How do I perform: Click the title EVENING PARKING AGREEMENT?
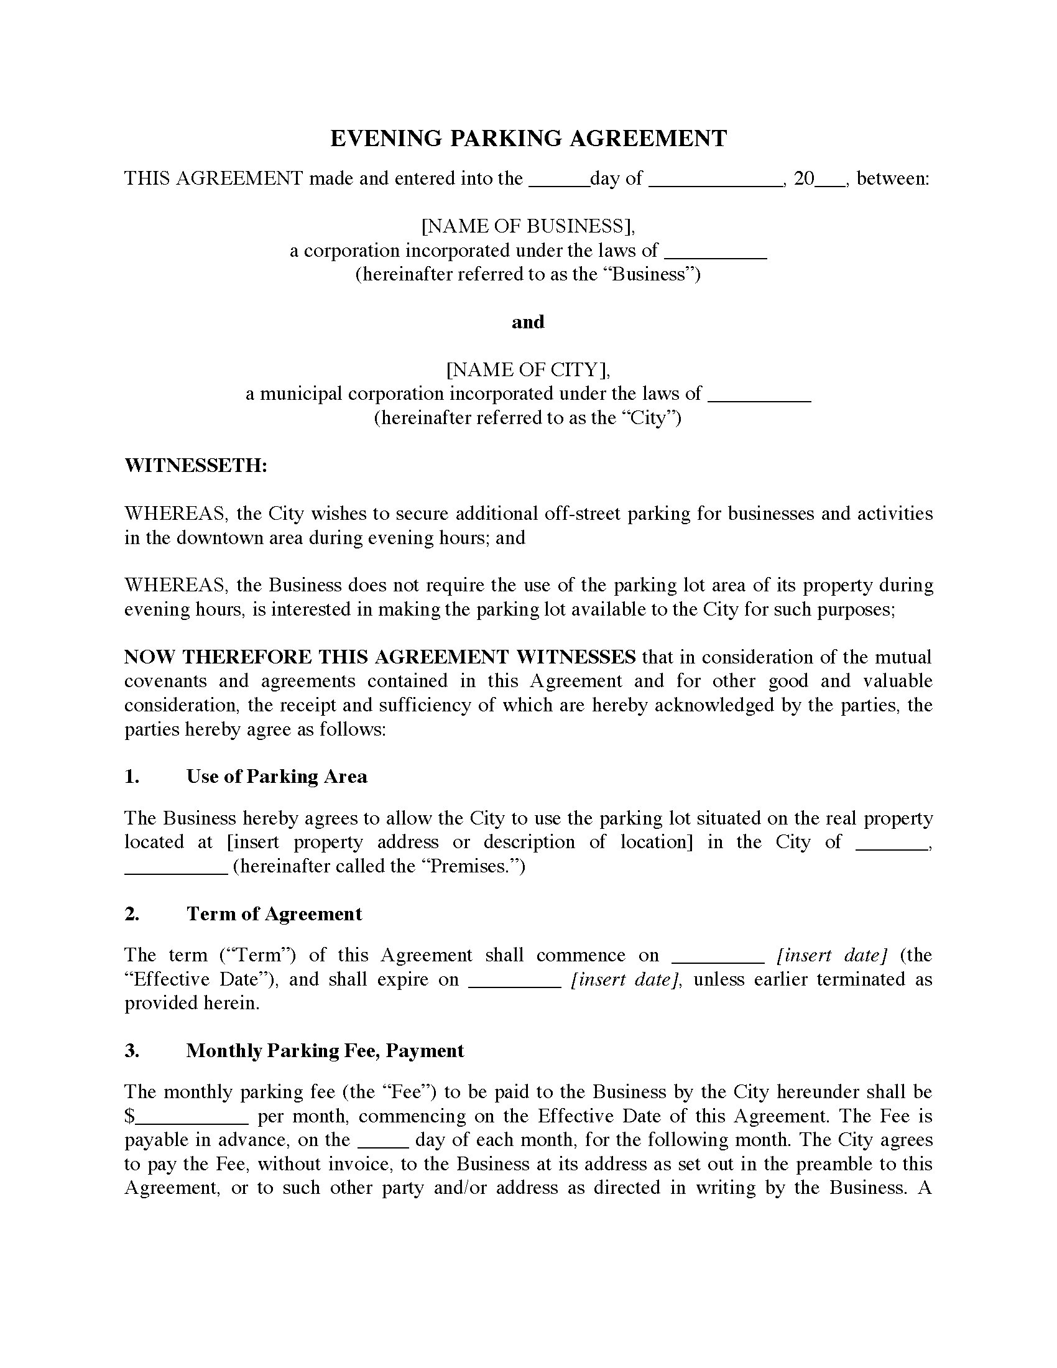528,139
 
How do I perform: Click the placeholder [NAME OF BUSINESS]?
528,226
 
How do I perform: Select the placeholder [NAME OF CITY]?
528,369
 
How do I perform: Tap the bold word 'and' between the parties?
528,322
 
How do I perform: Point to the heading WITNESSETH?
196,465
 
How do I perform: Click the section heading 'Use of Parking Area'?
276,777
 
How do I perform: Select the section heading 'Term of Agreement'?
274,914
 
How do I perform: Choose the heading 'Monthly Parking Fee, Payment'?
325,1050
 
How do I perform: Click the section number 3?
131,1050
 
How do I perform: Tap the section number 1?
131,777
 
